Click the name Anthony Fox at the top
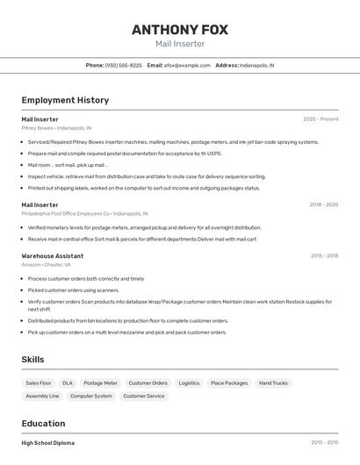tap(180, 30)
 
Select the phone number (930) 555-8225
tap(123, 65)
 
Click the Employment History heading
tap(65, 100)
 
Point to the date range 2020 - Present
tap(320, 118)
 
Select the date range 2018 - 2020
tap(323, 204)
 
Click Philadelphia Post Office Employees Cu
tap(66, 213)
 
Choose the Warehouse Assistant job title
tap(53, 255)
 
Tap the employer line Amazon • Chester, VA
tap(47, 264)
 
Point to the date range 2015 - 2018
tap(324, 255)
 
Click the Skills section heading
tap(33, 360)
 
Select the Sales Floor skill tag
tap(39, 383)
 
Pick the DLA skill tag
tap(68, 383)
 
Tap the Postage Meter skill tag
tap(100, 383)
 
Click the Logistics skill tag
tap(189, 383)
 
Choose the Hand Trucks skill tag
tap(273, 383)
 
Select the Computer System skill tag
tap(91, 396)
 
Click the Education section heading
tap(43, 423)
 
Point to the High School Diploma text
tap(48, 443)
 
